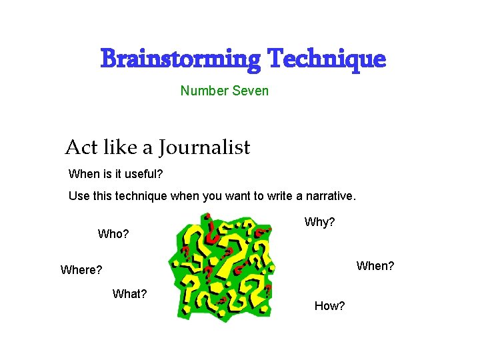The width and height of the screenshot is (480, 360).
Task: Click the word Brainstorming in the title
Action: tap(181, 59)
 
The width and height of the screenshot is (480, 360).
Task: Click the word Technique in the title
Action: tap(326, 59)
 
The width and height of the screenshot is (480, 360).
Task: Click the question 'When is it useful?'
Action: tap(115, 174)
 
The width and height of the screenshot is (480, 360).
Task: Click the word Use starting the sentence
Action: tap(79, 197)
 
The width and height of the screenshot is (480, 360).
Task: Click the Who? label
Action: tap(113, 234)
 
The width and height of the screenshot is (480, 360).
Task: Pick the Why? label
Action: tap(319, 222)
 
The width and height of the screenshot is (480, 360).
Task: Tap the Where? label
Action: tap(81, 270)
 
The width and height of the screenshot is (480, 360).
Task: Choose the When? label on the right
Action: tap(375, 266)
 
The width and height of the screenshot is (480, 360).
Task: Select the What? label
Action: tap(130, 294)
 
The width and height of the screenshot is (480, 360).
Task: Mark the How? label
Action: tap(329, 306)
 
